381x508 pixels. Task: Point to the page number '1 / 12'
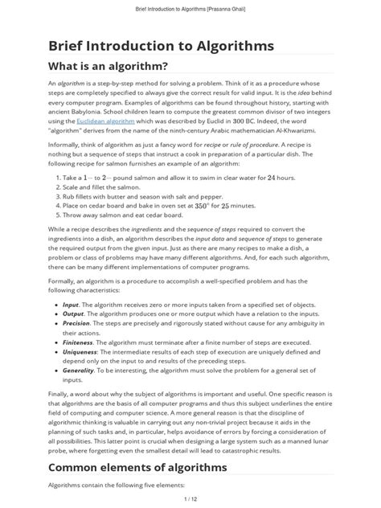[x=190, y=499]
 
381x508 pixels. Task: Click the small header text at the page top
[x=190, y=8]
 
